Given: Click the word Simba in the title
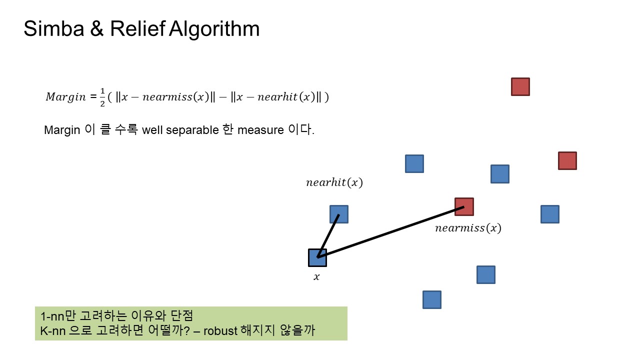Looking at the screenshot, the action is coord(54,28).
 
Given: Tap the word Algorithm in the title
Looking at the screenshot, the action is coord(214,29).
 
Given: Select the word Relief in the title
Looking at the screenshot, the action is coord(137,28).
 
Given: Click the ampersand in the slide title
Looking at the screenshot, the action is coord(97,28).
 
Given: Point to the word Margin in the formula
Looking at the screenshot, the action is coord(65,97).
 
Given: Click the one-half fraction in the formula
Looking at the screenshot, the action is coord(102,97).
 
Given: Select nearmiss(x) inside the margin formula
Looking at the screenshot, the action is coord(173,97).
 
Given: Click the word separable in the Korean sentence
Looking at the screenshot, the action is coord(192,130).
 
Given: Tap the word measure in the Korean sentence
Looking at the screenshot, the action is coord(260,130).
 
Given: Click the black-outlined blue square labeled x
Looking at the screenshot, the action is coord(317,257).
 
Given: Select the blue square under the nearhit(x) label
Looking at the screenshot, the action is coord(339,214).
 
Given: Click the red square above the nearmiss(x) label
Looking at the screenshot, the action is coord(464,206).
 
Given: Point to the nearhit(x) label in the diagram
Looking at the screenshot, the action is coord(334,182).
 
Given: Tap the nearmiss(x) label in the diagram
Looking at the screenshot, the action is coord(468,228).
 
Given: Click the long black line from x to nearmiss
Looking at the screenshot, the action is coord(391,232).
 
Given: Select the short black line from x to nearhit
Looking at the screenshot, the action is coord(328,236).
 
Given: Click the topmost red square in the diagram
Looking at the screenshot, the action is coord(520,86).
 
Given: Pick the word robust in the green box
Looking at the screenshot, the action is coord(220,331).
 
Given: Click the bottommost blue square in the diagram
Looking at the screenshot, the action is coord(432,299).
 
